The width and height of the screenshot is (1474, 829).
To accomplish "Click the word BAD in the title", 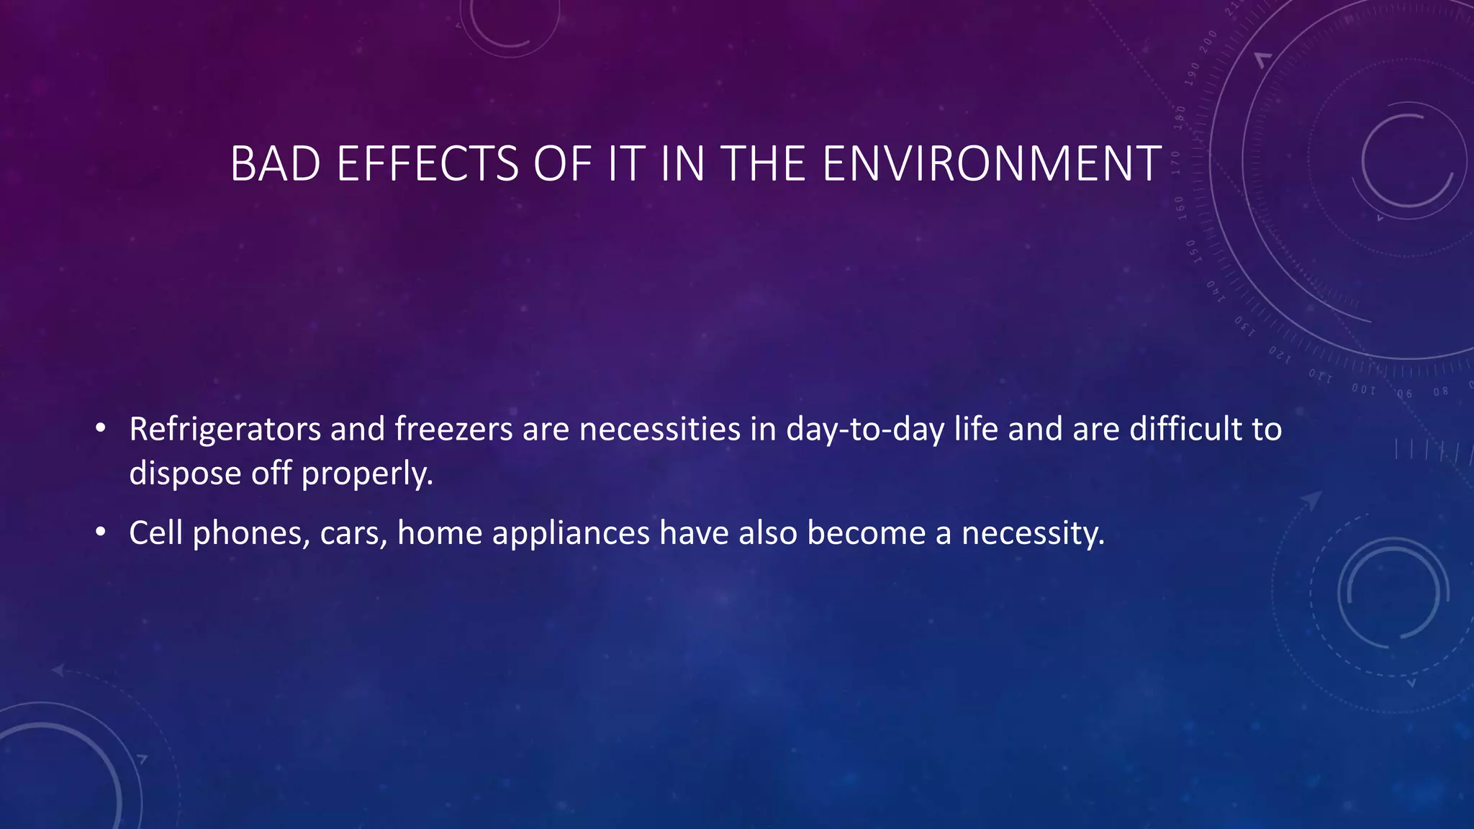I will pos(275,164).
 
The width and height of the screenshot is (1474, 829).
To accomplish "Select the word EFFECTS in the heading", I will pos(428,164).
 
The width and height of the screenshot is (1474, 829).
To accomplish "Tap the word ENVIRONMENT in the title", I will pos(991,164).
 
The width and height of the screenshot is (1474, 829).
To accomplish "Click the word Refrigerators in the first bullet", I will pos(225,430).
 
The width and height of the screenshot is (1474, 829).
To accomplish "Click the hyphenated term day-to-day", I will pos(865,430).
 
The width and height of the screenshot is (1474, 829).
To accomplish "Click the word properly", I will pos(367,474).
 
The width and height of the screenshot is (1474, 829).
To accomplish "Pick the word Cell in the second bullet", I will pos(155,533).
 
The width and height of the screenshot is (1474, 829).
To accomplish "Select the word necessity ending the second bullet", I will pos(1033,533).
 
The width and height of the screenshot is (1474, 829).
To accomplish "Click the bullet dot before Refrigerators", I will pos(101,430).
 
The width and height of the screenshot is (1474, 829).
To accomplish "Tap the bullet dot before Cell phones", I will pos(101,533).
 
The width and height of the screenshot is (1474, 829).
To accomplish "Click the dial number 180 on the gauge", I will pos(1180,116).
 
